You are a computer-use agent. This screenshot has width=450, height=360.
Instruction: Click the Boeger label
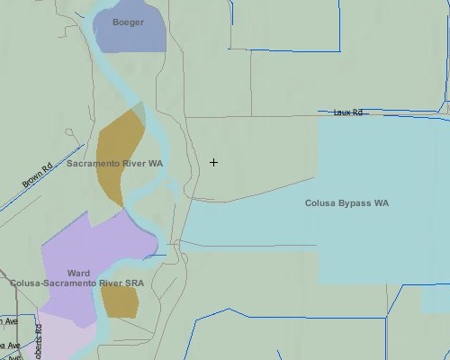[128, 22]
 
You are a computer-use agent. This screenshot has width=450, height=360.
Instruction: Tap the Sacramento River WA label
[114, 164]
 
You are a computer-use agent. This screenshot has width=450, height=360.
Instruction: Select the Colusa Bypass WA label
[346, 203]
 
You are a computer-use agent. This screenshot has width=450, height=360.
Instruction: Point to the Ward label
[78, 273]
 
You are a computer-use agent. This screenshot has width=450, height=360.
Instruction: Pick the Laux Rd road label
[347, 112]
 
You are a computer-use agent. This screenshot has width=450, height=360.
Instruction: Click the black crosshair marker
[213, 162]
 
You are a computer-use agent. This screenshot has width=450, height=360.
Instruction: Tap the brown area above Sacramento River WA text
[121, 139]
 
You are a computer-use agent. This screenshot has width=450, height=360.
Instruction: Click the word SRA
[134, 283]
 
